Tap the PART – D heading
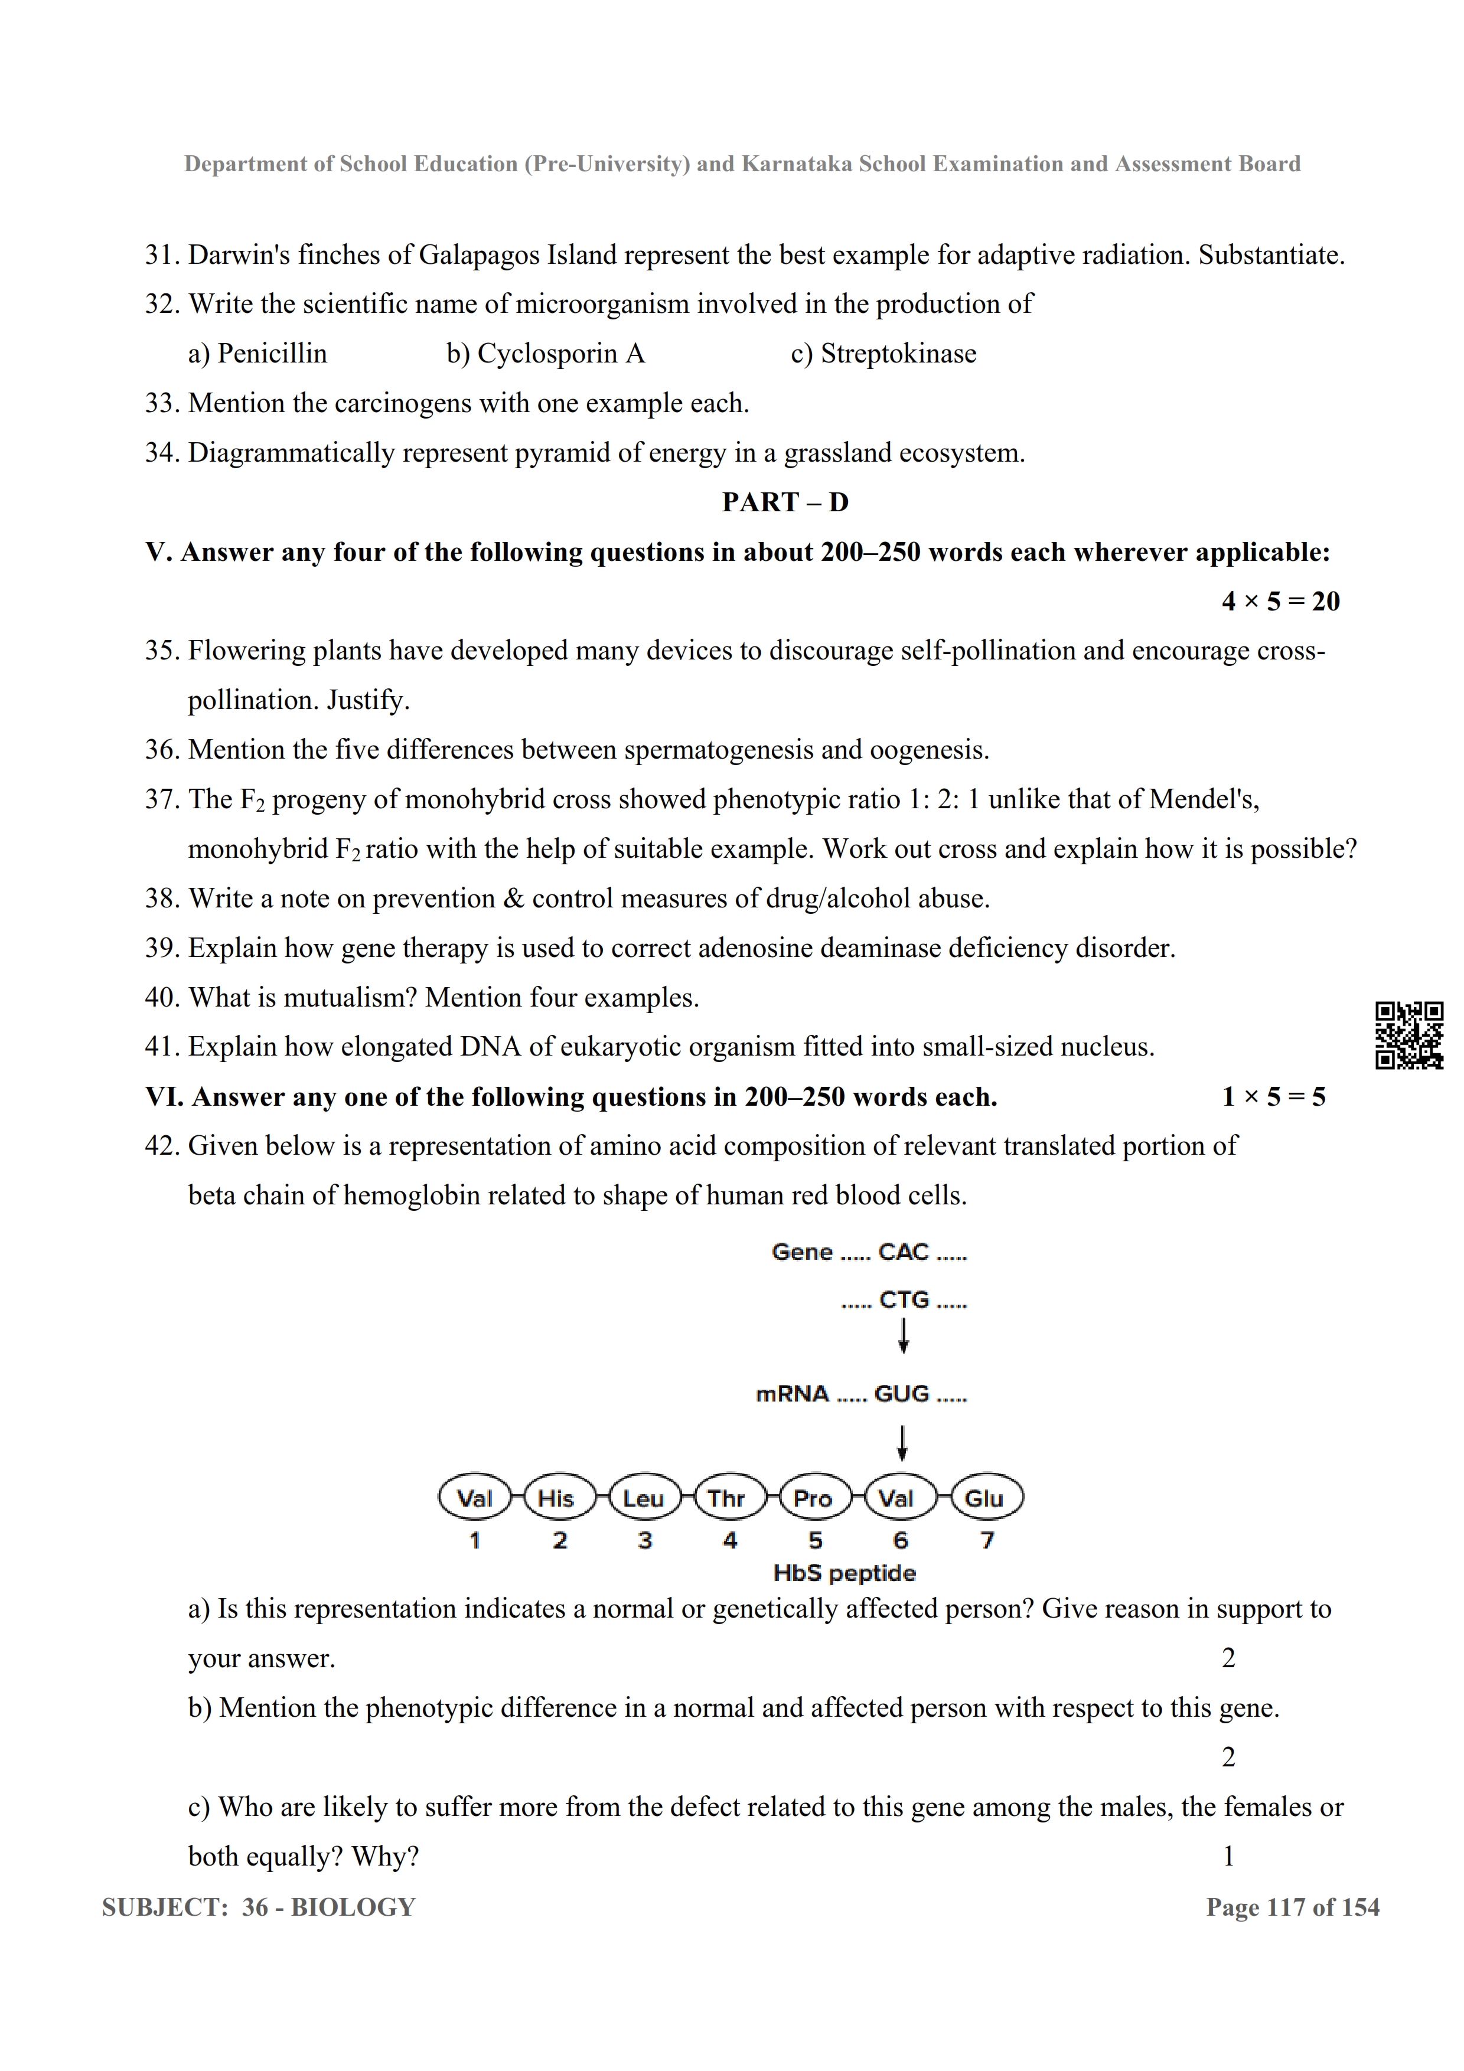tap(785, 502)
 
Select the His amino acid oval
tap(556, 1498)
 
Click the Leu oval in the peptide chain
tap(643, 1498)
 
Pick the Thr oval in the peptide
tap(726, 1498)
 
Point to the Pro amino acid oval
tap(812, 1498)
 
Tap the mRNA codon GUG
tap(901, 1394)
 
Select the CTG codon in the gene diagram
tap(904, 1300)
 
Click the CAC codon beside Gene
tap(903, 1252)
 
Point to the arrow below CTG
tap(903, 1336)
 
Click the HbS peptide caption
tap(845, 1573)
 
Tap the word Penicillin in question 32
tap(272, 354)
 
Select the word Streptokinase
tap(898, 354)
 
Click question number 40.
tap(162, 998)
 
